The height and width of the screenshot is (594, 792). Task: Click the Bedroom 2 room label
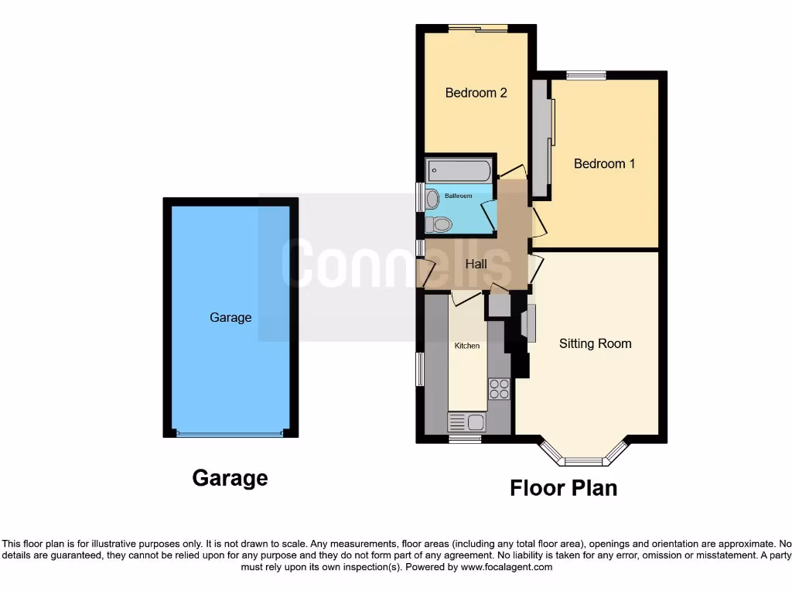476,93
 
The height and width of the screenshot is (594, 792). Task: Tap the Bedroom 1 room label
604,164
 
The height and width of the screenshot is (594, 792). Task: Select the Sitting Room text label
595,343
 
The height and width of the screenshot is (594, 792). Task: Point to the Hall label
476,264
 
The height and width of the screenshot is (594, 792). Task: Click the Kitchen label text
466,346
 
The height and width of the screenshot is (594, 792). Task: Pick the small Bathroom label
458,196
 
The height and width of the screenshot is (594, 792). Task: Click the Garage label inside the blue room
230,317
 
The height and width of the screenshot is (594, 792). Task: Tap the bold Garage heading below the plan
230,479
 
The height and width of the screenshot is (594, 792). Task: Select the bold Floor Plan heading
563,488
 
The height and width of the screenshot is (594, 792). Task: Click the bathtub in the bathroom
459,170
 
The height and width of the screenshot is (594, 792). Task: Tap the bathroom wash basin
432,200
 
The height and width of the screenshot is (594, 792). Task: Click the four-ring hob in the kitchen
500,388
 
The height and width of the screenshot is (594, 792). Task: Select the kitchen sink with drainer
466,422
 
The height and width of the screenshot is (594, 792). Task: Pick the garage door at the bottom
230,435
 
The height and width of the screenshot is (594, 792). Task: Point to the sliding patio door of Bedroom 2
477,29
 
